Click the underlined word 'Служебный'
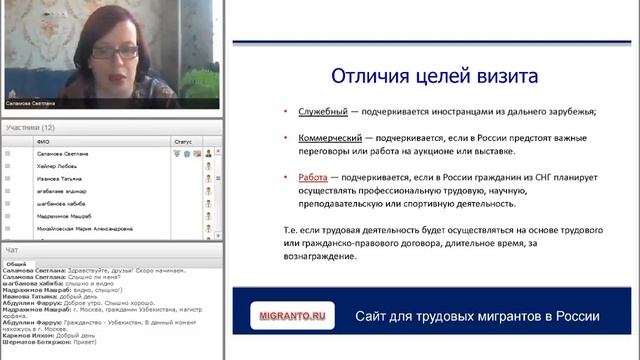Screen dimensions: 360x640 [x=321, y=110]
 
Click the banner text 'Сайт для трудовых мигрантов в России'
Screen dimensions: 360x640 [x=477, y=317]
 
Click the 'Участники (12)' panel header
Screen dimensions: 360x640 [x=30, y=128]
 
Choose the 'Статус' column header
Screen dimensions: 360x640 [x=183, y=142]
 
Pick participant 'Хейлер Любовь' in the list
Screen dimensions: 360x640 [x=56, y=165]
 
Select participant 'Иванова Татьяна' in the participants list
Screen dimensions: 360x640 [x=58, y=177]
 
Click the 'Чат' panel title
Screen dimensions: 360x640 [x=12, y=249]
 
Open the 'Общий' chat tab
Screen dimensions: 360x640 [x=16, y=263]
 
